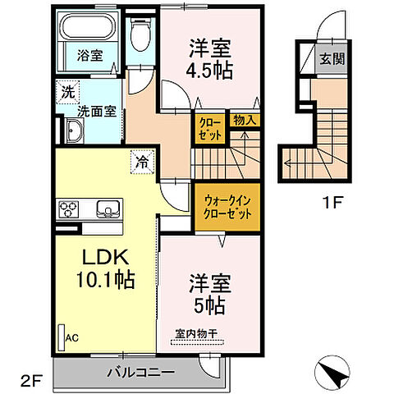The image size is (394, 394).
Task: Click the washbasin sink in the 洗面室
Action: pos(73,131)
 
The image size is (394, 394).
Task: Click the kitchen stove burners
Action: pos(66,208)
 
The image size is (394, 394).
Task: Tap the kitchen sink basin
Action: pos(107,208)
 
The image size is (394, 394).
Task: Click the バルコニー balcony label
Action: pos(140,372)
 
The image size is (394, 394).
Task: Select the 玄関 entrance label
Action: pos(334,60)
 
